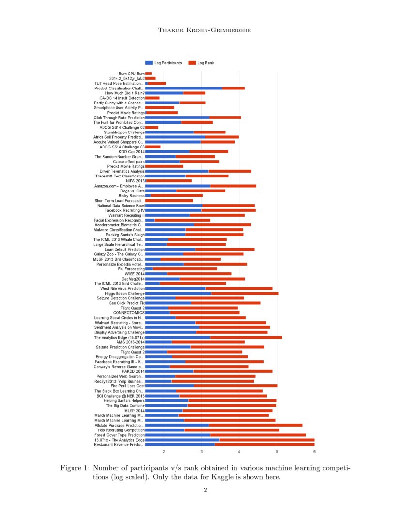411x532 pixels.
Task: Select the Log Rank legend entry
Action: pos(205,63)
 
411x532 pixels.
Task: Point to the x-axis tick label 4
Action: pos(239,452)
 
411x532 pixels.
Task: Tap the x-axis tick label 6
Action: pos(314,452)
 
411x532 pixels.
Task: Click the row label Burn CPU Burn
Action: pos(132,74)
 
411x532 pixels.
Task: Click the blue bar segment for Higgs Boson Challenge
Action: pos(178,293)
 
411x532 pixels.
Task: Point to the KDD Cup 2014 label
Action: pos(132,151)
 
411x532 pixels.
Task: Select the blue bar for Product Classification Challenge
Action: pos(184,88)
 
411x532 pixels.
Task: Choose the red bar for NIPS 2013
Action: pos(169,181)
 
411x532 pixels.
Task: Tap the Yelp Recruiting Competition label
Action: pos(121,429)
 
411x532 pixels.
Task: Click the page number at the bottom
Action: pos(205,490)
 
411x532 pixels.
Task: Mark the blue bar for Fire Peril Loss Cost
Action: pos(169,386)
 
